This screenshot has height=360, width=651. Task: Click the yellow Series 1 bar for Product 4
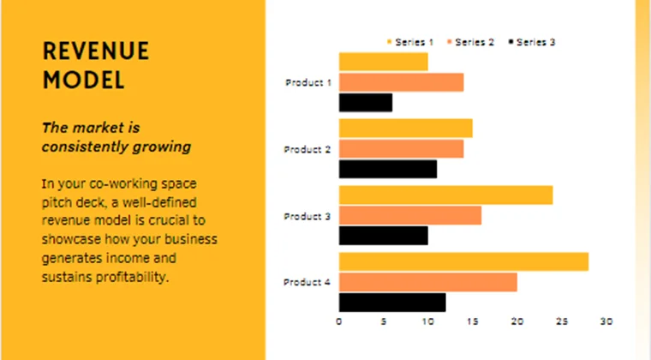[x=463, y=261]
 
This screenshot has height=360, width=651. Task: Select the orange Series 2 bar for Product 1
[x=401, y=82]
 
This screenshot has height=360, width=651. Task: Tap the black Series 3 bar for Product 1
[x=366, y=103]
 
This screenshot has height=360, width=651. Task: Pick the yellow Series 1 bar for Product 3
[x=445, y=195]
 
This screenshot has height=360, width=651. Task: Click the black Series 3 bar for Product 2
[x=388, y=169]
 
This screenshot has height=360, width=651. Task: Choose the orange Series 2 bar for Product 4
[x=427, y=282]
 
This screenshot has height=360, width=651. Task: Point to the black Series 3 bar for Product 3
[x=383, y=236]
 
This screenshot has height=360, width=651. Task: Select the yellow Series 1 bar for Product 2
[x=405, y=128]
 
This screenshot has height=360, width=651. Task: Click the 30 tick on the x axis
[x=606, y=321]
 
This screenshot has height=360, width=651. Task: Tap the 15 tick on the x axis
[x=472, y=321]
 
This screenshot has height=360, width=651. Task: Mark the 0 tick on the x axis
[x=339, y=321]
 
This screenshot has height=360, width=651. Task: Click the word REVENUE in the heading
[x=96, y=51]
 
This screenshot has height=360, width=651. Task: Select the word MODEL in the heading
[x=83, y=81]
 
